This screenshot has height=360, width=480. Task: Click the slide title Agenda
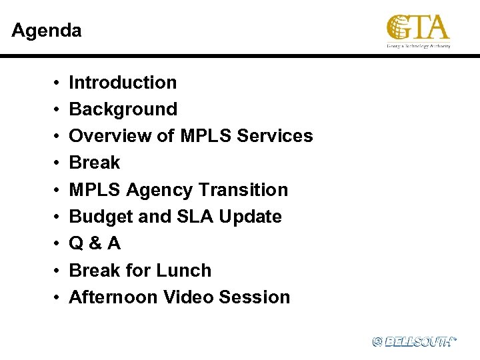47,31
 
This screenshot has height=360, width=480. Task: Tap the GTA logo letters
418,28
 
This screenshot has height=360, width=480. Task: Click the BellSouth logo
414,341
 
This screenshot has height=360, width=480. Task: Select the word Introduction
123,83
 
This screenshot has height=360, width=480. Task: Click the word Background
123,109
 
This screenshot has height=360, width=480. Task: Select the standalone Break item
95,163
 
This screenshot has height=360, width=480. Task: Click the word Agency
157,190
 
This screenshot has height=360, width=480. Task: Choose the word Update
249,217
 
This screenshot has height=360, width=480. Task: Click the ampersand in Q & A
95,244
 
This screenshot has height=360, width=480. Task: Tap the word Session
257,297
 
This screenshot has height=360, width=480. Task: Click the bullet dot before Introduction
53,83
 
